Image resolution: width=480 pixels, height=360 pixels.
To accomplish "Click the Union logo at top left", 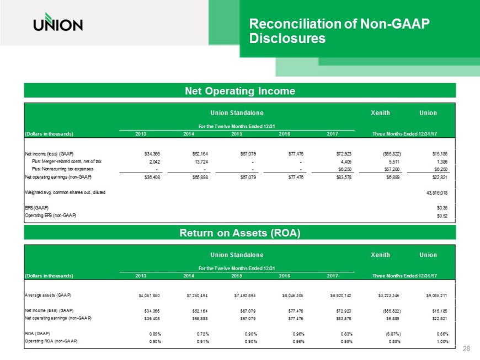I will [x=58, y=24].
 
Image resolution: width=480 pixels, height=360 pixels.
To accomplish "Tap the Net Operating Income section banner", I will [x=239, y=90].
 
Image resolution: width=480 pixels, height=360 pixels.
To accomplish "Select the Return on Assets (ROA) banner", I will [x=239, y=233].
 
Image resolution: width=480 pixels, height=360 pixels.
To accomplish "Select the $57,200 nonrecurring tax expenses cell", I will [x=383, y=169].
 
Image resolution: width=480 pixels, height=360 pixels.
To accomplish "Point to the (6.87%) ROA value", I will [x=382, y=334].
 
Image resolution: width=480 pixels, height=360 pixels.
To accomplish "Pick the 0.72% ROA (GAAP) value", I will [x=200, y=334].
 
